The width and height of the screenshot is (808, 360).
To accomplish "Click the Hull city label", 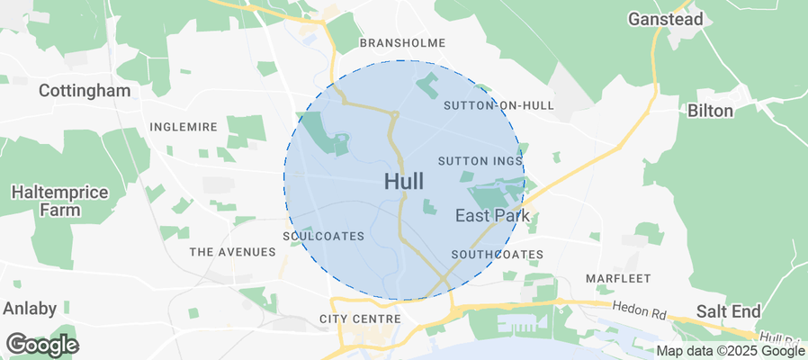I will click(x=404, y=181).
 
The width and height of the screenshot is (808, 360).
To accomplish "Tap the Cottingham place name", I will click(x=85, y=91).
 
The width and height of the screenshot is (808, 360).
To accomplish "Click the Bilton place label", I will click(x=710, y=111).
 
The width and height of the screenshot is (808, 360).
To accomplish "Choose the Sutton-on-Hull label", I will click(x=498, y=105).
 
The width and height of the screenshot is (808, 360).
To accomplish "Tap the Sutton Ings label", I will click(x=480, y=161).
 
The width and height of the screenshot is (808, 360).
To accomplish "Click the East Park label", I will click(x=492, y=215).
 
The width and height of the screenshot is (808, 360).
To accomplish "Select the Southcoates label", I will click(x=497, y=255).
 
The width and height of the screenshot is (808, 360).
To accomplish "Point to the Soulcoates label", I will click(x=323, y=237).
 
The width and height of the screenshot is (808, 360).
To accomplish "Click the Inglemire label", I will click(x=184, y=127).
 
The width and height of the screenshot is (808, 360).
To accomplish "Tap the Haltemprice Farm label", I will click(x=59, y=202).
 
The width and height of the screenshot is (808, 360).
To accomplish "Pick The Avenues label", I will click(x=232, y=252).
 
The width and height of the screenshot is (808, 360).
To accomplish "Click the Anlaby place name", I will click(x=30, y=308).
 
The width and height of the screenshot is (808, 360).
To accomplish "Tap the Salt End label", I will click(x=728, y=311).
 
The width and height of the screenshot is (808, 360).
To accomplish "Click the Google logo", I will click(x=42, y=344).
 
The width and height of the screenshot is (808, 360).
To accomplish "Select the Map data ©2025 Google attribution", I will click(x=731, y=351).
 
